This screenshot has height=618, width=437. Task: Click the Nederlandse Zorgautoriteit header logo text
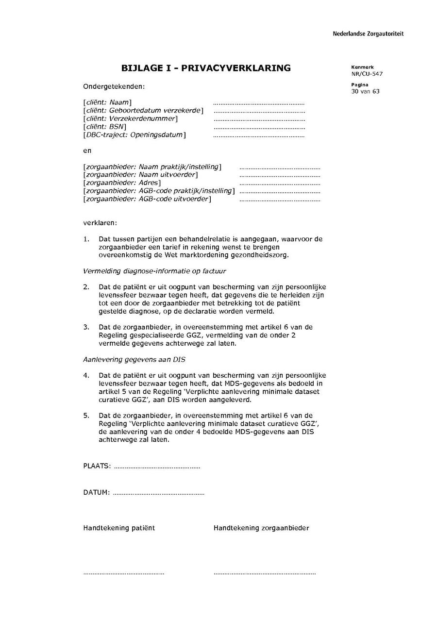pyautogui.click(x=368, y=34)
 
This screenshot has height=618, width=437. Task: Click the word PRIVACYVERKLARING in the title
pyautogui.click(x=232, y=68)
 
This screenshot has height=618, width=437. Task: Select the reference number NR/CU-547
pyautogui.click(x=364, y=74)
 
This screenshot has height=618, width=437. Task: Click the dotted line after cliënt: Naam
pyautogui.click(x=258, y=103)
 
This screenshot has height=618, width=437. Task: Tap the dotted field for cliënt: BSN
pyautogui.click(x=259, y=128)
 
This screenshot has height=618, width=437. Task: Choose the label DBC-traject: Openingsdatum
pyautogui.click(x=134, y=135)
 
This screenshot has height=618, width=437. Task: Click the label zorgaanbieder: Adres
pyautogui.click(x=122, y=183)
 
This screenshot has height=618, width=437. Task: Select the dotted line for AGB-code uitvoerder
pyautogui.click(x=280, y=200)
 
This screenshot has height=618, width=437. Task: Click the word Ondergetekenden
pyautogui.click(x=114, y=87)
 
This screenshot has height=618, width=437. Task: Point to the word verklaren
pyautogui.click(x=100, y=223)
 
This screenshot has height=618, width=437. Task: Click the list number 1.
pyautogui.click(x=86, y=239)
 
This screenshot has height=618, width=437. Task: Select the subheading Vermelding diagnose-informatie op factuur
pyautogui.click(x=154, y=271)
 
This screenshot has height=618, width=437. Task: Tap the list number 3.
pyautogui.click(x=86, y=327)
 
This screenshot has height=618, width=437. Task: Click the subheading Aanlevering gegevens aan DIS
pyautogui.click(x=134, y=360)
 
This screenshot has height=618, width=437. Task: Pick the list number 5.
pyautogui.click(x=86, y=416)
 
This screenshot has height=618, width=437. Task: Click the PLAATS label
pyautogui.click(x=97, y=467)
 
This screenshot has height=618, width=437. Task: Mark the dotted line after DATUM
pyautogui.click(x=158, y=494)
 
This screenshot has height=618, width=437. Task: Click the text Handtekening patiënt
pyautogui.click(x=119, y=528)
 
